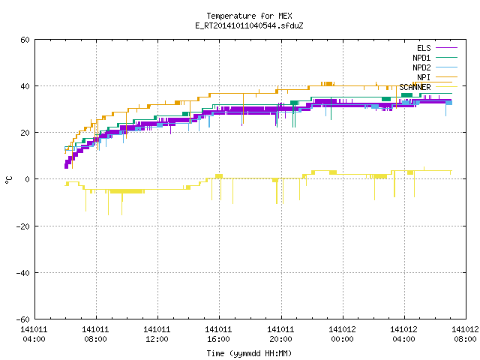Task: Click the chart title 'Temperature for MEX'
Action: (249, 16)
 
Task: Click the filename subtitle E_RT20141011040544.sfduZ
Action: (249, 25)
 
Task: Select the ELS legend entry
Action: (424, 48)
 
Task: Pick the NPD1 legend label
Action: (421, 58)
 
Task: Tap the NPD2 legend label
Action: (421, 67)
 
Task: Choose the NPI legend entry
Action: (424, 77)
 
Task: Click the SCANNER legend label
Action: (415, 87)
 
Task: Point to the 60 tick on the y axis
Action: (25, 40)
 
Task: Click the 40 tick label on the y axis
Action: (25, 86)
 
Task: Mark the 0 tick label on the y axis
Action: (27, 179)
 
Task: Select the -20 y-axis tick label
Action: (23, 226)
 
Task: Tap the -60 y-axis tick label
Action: (23, 319)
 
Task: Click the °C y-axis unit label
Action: (8, 180)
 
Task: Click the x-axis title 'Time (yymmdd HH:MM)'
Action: (249, 353)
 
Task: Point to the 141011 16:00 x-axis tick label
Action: (218, 334)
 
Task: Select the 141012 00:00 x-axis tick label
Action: (342, 334)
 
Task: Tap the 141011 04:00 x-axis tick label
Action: (34, 334)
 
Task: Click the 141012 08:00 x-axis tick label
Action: (465, 334)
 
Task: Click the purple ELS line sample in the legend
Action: (446, 48)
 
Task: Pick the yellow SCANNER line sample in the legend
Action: (446, 87)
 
